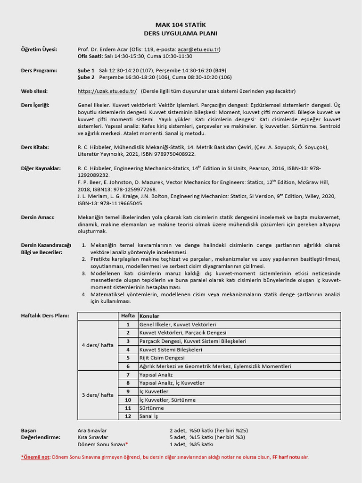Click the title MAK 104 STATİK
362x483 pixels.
pyautogui.click(x=181, y=25)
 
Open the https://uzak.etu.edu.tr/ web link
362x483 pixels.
pyautogui.click(x=107, y=91)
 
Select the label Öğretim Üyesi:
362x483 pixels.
pyautogui.click(x=39, y=50)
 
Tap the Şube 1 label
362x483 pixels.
pyautogui.click(x=86, y=70)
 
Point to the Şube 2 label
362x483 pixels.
pyautogui.click(x=86, y=77)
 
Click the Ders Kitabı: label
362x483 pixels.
pyautogui.click(x=35, y=147)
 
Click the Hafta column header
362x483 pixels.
pyautogui.click(x=128, y=316)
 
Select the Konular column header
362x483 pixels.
pyautogui.click(x=149, y=316)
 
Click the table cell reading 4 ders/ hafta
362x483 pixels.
pyautogui.click(x=98, y=345)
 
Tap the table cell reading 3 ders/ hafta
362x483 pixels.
pyautogui.click(x=98, y=395)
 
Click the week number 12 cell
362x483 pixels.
pyautogui.click(x=128, y=416)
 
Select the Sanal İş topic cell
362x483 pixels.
pyautogui.click(x=149, y=416)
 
